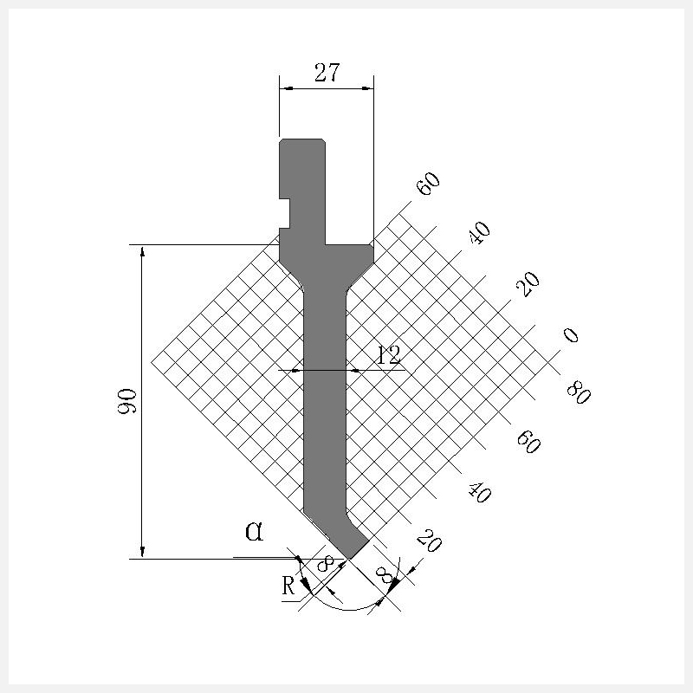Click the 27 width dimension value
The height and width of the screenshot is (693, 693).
327,73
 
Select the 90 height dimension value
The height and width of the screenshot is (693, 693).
126,401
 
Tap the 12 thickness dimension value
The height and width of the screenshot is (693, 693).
388,355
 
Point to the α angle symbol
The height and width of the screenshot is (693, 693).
254,531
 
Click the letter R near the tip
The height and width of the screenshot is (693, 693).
288,586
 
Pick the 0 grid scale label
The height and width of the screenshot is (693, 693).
571,335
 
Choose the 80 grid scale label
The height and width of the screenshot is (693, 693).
578,392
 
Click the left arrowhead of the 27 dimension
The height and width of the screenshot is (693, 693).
286,88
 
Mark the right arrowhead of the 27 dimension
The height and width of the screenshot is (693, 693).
367,88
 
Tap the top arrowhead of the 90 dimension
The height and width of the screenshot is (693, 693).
142,252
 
